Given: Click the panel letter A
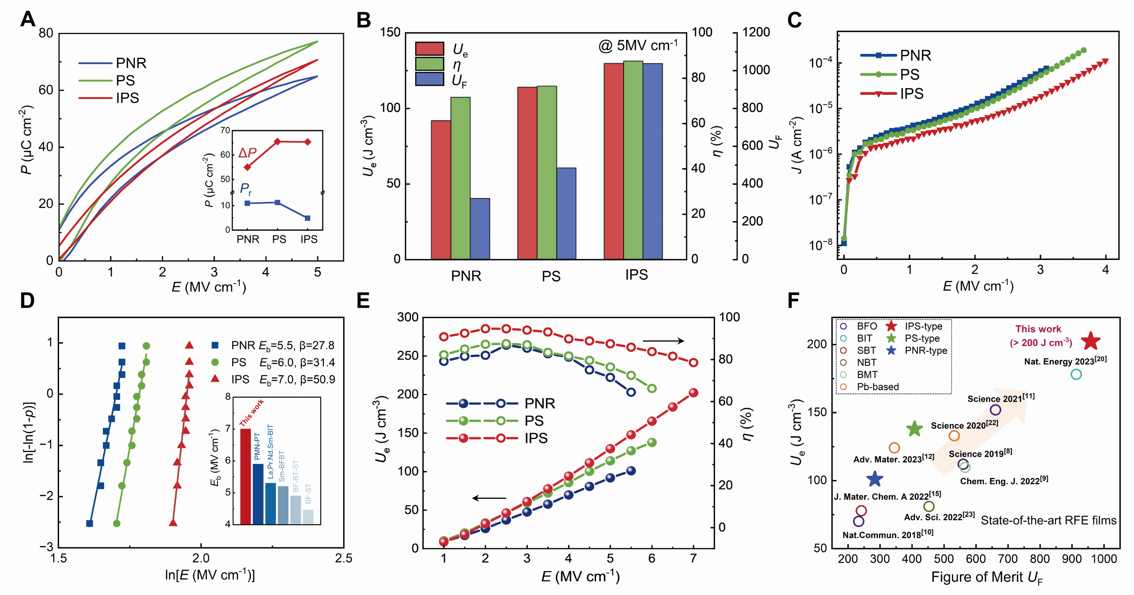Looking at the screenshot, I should click(x=28, y=19).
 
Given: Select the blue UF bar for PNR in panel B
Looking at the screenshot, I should click(x=480, y=228).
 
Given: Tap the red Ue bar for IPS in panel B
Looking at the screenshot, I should click(x=613, y=161).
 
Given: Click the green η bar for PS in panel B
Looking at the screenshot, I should click(x=546, y=172).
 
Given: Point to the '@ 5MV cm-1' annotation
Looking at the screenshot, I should click(x=637, y=46).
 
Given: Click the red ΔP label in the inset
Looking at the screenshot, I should click(x=247, y=153).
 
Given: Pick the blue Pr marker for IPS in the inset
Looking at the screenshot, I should click(x=308, y=218).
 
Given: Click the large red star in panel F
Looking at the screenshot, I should click(x=1091, y=341).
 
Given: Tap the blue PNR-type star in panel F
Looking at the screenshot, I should click(x=874, y=479).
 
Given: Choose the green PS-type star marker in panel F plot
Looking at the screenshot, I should click(x=914, y=429).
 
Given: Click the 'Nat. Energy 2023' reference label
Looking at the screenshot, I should click(x=1065, y=361).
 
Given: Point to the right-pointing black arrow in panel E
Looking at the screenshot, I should click(x=664, y=340).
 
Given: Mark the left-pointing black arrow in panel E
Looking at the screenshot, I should click(x=489, y=498).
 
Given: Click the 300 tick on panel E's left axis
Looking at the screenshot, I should click(x=408, y=317).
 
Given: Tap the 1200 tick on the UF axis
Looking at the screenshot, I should click(x=756, y=32).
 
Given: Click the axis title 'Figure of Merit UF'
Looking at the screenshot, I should click(x=986, y=577).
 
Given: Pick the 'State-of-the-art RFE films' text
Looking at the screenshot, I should click(x=1048, y=521).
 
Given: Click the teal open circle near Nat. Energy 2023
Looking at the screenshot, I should click(x=1076, y=375).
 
